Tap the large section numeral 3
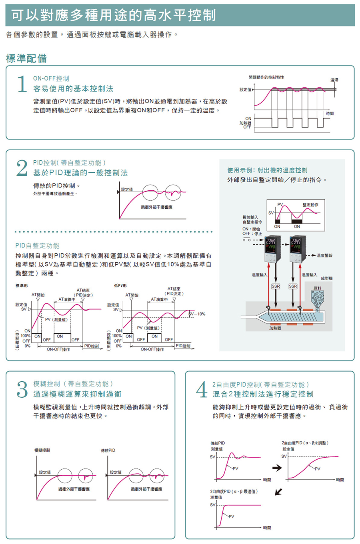(x=22, y=389)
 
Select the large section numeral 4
(x=202, y=389)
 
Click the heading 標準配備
(x=26, y=58)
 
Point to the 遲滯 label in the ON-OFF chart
(x=334, y=80)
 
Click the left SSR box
(x=276, y=286)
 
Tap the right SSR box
(x=293, y=286)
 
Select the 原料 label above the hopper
(x=317, y=288)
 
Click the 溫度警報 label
(x=324, y=255)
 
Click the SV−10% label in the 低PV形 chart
(x=197, y=314)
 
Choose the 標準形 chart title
(x=22, y=286)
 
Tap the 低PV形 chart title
(x=120, y=286)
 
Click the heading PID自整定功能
(x=37, y=245)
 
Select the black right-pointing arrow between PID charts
(x=277, y=468)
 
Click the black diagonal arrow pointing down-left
(x=278, y=492)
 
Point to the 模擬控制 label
(x=42, y=450)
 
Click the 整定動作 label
(x=310, y=205)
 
